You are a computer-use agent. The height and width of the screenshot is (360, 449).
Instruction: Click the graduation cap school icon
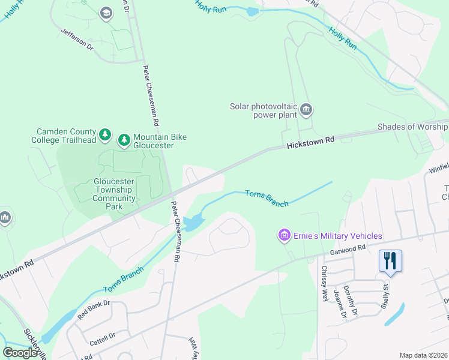tap(106, 13)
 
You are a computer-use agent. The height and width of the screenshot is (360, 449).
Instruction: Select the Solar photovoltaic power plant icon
tap(307, 109)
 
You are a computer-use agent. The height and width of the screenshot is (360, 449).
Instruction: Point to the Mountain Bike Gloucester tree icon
tap(124, 140)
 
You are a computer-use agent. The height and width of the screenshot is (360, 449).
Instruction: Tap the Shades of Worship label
tap(412, 127)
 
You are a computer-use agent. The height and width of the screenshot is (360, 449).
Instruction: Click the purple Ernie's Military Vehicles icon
tap(283, 235)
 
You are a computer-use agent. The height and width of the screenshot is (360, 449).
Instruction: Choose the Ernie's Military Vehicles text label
tap(338, 236)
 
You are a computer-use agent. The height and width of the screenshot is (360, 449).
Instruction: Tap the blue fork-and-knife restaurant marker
tap(390, 261)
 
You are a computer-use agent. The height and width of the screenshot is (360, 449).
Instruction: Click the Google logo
tap(20, 352)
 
